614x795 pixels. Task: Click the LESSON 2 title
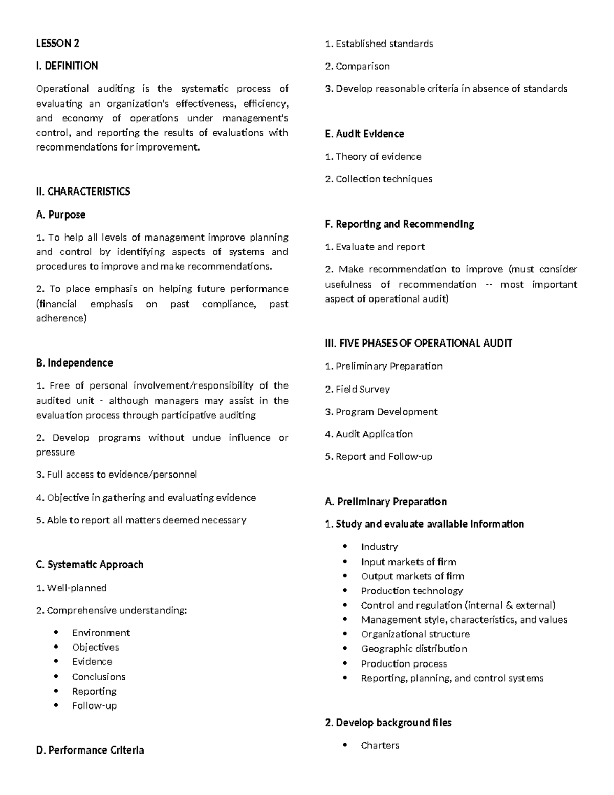(x=57, y=44)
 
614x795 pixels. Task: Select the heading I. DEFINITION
(x=67, y=66)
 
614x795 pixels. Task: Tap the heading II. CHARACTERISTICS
(x=83, y=191)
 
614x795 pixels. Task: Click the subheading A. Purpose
(x=60, y=214)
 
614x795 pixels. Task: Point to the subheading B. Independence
(x=74, y=363)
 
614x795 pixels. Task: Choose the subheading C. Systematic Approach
(x=90, y=565)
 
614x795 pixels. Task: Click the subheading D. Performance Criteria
(x=90, y=750)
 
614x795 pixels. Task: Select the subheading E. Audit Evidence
(x=364, y=134)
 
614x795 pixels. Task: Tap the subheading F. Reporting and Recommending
(x=399, y=224)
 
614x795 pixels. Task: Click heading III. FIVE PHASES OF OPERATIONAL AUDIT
(x=418, y=343)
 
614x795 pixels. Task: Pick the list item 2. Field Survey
(x=357, y=389)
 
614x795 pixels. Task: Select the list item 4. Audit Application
(x=368, y=434)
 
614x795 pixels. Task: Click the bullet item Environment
(x=101, y=633)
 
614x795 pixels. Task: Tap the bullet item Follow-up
(x=94, y=706)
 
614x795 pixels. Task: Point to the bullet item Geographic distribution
(x=413, y=649)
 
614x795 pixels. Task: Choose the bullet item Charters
(x=380, y=745)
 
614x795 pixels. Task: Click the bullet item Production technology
(x=411, y=591)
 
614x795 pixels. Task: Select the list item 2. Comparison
(x=357, y=67)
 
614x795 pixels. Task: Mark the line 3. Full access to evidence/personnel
(x=116, y=475)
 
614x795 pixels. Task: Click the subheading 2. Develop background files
(x=388, y=723)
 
